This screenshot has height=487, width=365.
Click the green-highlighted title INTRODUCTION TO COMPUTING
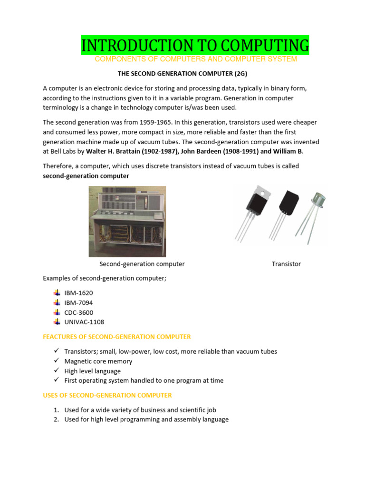point(195,46)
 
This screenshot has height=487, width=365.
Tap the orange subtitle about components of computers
point(196,59)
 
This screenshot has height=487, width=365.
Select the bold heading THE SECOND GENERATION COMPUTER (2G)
point(182,74)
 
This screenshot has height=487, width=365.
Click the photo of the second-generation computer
point(127,221)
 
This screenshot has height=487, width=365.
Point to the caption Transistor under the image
point(286,264)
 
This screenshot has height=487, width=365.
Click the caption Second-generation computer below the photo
point(142,264)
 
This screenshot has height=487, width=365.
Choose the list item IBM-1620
point(78,293)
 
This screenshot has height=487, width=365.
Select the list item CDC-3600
point(78,312)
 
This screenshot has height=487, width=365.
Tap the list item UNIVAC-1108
point(84,322)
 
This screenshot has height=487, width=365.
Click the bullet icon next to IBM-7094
point(57,302)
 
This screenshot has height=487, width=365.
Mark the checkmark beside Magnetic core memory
point(56,361)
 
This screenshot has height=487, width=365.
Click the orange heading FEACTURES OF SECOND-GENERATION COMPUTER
point(116,337)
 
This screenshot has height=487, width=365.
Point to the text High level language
point(92,371)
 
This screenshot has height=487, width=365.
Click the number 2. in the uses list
point(56,419)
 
